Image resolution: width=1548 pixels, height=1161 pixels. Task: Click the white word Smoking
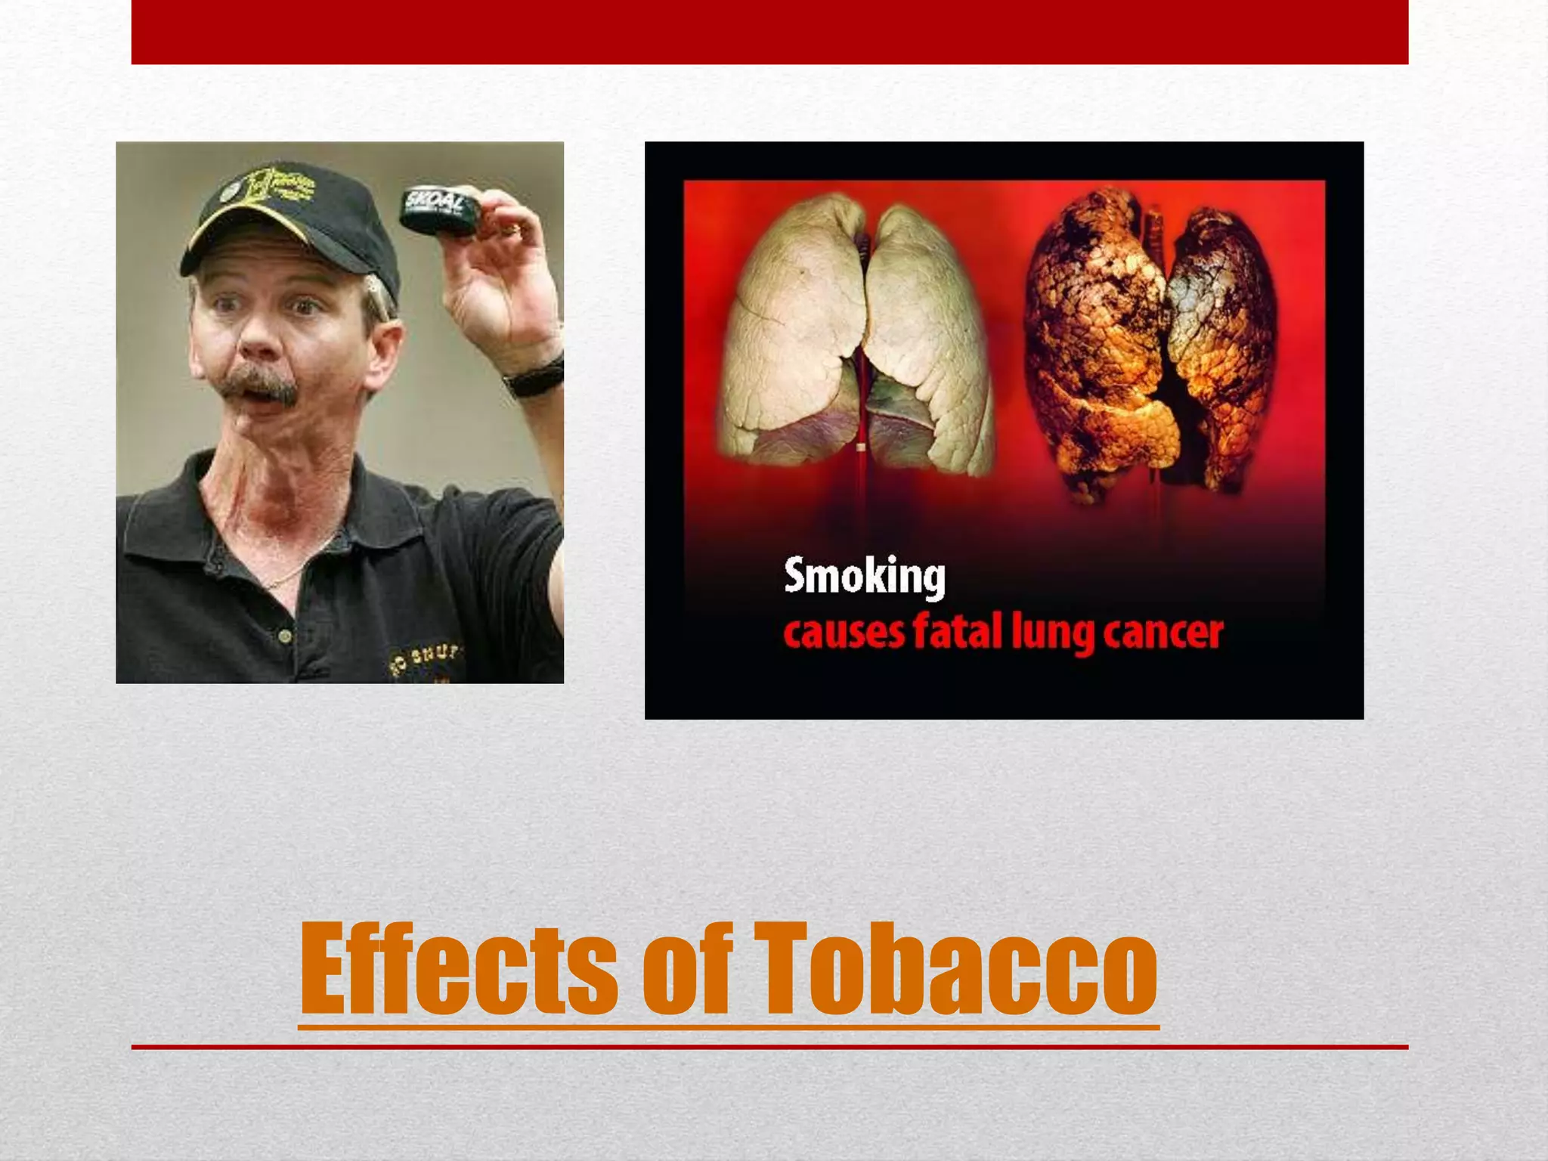[864, 577]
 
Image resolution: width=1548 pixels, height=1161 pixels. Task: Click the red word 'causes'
[843, 633]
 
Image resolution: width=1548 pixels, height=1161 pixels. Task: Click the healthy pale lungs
[858, 333]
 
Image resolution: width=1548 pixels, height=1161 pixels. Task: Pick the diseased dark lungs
[1149, 340]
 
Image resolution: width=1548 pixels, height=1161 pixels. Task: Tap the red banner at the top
[769, 32]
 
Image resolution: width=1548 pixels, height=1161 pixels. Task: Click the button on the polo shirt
[285, 637]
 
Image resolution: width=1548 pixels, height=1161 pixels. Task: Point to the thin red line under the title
[769, 1047]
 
